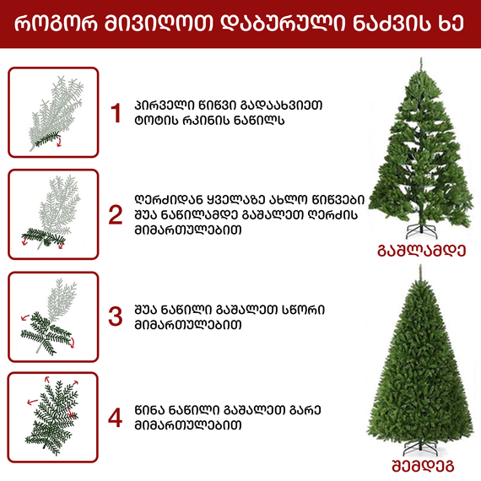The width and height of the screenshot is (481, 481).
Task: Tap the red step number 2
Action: pyautogui.click(x=116, y=214)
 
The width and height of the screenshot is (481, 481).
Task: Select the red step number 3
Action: pyautogui.click(x=116, y=316)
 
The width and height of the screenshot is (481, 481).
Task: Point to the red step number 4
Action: pyautogui.click(x=116, y=418)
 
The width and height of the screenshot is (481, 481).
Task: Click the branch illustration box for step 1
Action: pyautogui.click(x=53, y=112)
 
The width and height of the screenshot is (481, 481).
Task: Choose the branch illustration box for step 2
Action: pyautogui.click(x=53, y=213)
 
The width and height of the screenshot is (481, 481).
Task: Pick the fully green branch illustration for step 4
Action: pyautogui.click(x=53, y=418)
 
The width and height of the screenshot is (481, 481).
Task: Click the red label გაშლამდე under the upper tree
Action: pyautogui.click(x=419, y=251)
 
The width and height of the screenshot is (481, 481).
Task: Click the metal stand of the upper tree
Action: pyautogui.click(x=419, y=229)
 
